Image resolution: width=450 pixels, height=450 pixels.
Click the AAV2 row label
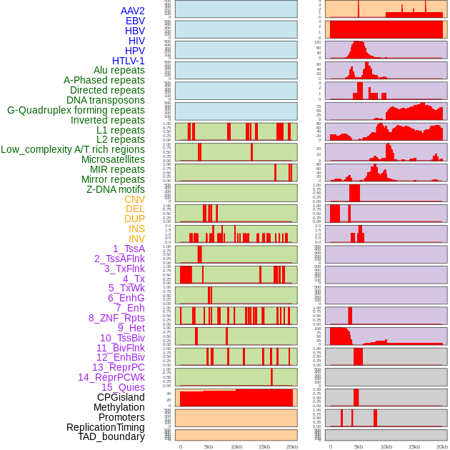tap(133, 11)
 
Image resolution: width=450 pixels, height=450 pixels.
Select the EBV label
tap(135, 21)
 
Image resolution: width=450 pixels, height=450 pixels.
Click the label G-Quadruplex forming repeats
tap(76, 110)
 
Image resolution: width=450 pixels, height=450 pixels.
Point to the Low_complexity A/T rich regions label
tap(73, 149)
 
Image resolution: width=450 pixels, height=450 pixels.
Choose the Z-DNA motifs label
tap(115, 189)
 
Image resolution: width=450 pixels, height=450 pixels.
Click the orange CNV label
tap(134, 199)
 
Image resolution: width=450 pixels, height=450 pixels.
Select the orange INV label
tap(136, 239)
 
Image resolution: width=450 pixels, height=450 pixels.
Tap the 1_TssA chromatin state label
tap(129, 249)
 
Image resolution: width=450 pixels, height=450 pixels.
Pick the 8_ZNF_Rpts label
tap(116, 318)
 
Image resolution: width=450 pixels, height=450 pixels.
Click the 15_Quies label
tap(123, 387)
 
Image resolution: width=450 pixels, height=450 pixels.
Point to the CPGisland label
tap(121, 397)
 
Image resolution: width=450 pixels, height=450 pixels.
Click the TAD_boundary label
tap(111, 436)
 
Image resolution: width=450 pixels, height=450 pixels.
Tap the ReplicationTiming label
tap(105, 427)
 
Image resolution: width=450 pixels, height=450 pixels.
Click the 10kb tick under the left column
tap(236, 446)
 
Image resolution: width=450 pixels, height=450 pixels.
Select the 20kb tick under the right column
tap(441, 446)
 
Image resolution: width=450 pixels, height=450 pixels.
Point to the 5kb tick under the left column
tap(209, 446)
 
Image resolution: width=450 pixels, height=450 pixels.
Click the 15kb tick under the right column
tap(414, 446)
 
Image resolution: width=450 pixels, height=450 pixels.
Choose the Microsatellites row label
tap(113, 159)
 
